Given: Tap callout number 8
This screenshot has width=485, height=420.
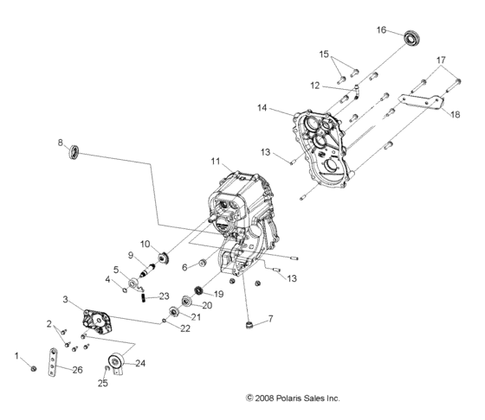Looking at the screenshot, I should point(61,142).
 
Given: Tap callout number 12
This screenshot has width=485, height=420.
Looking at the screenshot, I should point(315,85).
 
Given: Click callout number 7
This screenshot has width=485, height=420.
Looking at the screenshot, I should point(270,319).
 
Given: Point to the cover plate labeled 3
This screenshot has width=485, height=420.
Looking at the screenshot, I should point(100,319).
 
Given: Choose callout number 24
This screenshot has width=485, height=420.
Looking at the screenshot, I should point(140,364).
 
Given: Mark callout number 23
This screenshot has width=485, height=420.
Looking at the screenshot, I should point(164,296).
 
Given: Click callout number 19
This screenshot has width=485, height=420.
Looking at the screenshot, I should point(219,294).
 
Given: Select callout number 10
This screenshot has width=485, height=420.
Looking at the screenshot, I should point(145,244).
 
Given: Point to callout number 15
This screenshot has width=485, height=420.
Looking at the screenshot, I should point(324,54).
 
